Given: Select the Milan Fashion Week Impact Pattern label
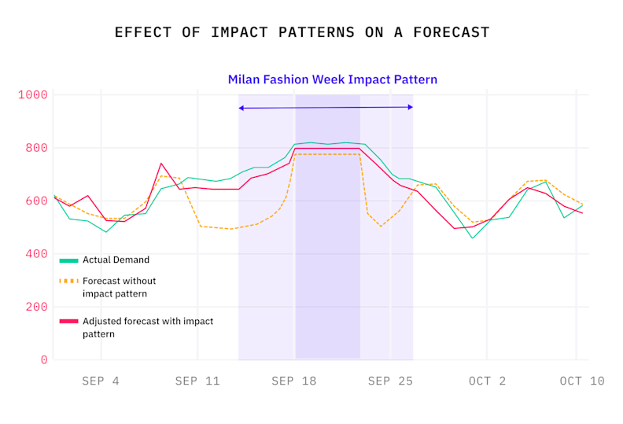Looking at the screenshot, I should (x=332, y=79).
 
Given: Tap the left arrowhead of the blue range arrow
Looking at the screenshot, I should (x=241, y=107).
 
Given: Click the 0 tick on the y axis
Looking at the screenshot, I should (x=44, y=360).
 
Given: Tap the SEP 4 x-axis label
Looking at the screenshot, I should (x=101, y=382).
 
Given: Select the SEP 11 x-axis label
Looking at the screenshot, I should (x=197, y=382).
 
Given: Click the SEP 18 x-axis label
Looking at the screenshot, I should (x=293, y=382).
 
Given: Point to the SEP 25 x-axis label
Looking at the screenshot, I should (x=390, y=382).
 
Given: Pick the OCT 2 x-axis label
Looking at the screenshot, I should (x=487, y=382).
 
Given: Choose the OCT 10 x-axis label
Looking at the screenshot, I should (x=582, y=382).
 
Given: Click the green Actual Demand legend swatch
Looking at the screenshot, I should (x=68, y=260).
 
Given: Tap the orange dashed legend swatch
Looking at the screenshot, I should (x=68, y=281).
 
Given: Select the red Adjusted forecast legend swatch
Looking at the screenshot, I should (x=68, y=322).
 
